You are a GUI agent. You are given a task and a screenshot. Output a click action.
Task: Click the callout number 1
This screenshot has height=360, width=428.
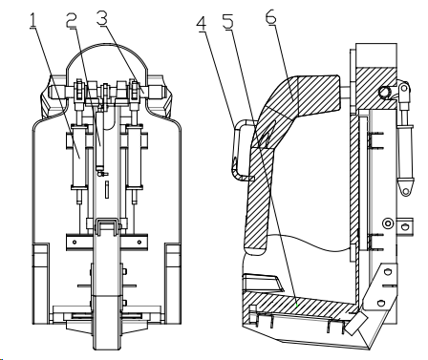tap(33, 21)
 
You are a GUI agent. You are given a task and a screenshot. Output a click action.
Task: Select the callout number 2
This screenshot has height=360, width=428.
tap(72, 20)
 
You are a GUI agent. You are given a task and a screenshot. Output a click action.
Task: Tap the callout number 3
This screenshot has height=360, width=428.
tap(102, 20)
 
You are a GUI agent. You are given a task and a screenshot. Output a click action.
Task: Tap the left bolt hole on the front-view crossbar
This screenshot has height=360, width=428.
tap(75, 243)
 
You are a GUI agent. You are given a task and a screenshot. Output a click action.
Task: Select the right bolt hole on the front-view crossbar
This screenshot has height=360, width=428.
tap(139, 243)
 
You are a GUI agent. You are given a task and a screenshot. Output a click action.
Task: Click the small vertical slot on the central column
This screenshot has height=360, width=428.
tap(107, 189)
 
